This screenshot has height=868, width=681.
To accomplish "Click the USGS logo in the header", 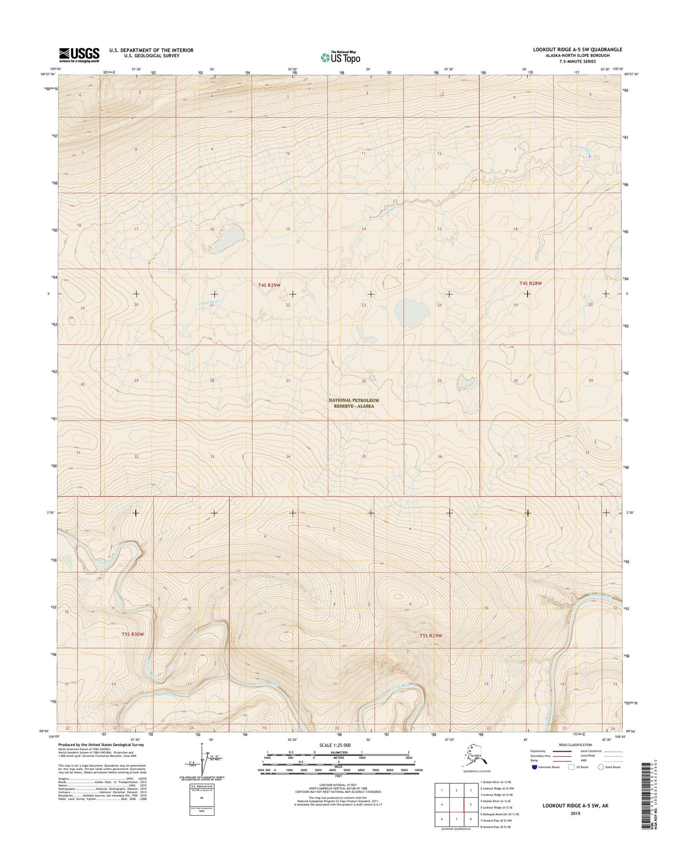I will [x=79, y=55].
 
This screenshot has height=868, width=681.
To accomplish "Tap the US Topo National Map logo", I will [x=341, y=57].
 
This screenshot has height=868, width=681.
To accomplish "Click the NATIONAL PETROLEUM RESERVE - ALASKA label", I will [x=353, y=403].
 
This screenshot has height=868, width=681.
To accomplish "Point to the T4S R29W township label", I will [x=269, y=285].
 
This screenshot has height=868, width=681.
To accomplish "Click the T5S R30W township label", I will [x=132, y=634].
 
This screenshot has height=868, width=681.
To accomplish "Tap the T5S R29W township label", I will [x=431, y=636].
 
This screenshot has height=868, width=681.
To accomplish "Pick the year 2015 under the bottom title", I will [x=574, y=813].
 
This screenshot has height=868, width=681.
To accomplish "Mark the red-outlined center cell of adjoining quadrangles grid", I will [x=456, y=804].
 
